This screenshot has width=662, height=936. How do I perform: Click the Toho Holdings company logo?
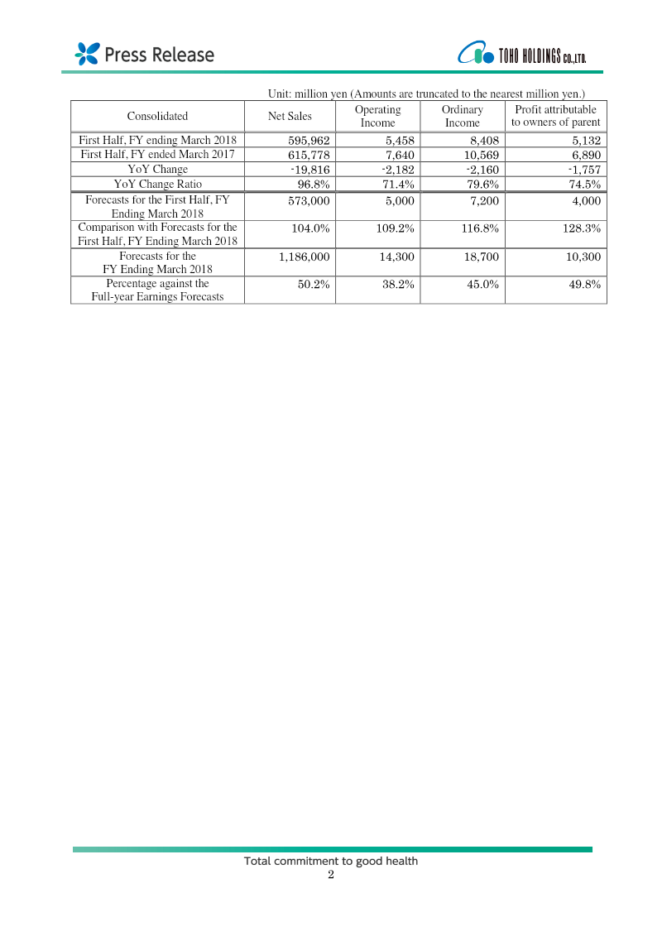pos(522,55)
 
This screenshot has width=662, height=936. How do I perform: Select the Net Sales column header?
pos(290,116)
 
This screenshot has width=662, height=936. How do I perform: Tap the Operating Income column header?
pos(377,116)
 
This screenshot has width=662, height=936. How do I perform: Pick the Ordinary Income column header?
pos(462,116)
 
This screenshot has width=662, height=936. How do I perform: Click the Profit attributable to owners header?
pos(555,116)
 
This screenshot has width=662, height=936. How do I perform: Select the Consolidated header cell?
pos(157,116)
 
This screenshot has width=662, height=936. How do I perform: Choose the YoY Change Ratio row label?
pos(157,184)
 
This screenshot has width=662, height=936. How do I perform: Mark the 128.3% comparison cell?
pos(581,228)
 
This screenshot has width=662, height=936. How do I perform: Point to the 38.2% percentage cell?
pos(396,284)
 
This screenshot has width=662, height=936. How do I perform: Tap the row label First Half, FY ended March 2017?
pos(157,155)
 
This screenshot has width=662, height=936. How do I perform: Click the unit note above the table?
pos(426,94)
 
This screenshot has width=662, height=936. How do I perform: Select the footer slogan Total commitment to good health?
pos(331,861)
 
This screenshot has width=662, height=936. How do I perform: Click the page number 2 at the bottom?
pos(331,875)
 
